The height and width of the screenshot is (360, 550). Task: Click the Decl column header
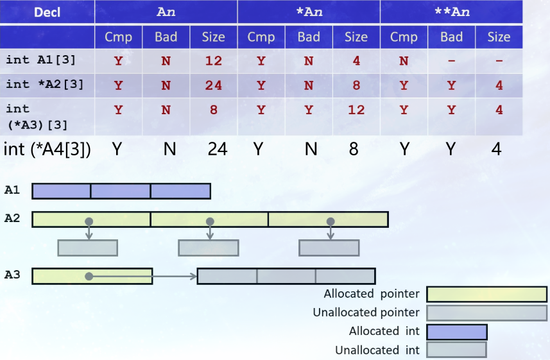click(47, 12)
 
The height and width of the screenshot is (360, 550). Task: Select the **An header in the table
click(451, 12)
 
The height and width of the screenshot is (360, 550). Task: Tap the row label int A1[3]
click(40, 60)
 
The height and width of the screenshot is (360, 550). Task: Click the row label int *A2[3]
click(44, 84)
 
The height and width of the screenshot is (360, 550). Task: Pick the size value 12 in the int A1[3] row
click(213, 61)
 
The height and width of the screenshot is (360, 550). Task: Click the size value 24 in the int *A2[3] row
click(213, 85)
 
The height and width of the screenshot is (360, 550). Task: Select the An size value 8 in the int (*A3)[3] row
click(213, 110)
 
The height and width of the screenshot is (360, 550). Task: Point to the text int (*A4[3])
click(47, 149)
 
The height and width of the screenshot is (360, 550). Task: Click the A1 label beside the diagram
click(12, 191)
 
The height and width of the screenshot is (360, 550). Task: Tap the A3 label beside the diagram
click(12, 275)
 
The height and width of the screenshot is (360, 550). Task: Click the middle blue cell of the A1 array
click(121, 191)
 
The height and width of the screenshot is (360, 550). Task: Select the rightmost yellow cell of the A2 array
click(328, 219)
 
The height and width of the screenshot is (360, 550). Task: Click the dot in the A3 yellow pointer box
click(89, 276)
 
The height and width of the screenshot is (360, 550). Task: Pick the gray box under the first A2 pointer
click(87, 248)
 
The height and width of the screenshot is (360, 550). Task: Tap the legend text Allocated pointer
click(371, 294)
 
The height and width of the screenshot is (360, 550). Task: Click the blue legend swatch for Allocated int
click(456, 332)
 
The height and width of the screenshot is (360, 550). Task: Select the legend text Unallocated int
click(377, 350)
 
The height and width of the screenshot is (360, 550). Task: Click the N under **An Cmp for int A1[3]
click(404, 61)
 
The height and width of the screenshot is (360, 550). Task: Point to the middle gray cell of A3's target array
click(286, 276)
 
